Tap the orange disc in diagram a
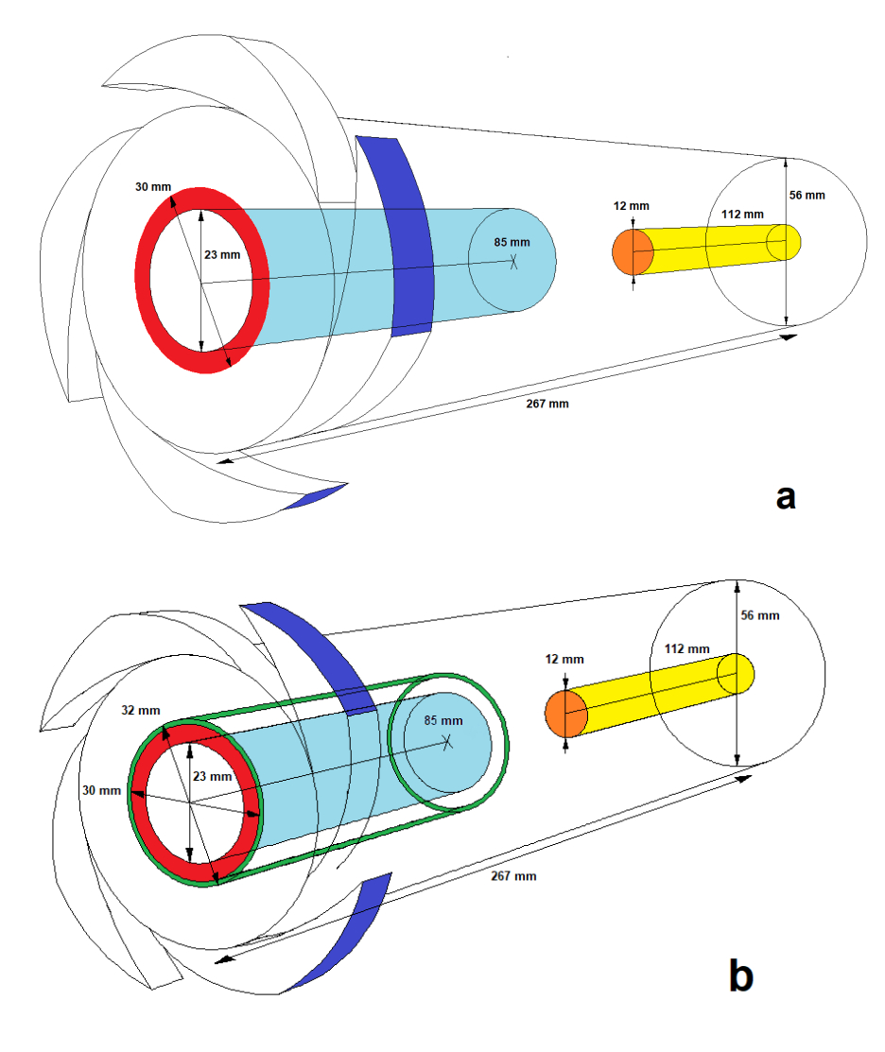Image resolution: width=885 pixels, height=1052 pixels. point(633,252)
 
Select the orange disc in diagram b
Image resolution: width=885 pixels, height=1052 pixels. point(566,713)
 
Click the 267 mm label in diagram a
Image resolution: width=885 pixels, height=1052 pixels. point(547,403)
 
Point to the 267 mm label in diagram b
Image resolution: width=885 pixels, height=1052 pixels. point(514,875)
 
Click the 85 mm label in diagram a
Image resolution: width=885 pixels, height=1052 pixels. point(512,242)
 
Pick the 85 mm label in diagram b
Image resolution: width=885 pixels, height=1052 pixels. point(443,720)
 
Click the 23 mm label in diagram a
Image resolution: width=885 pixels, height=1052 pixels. point(222,253)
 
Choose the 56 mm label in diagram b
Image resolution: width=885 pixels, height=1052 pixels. point(760,615)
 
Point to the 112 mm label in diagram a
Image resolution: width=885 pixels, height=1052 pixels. point(742,214)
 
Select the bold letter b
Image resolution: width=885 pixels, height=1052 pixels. point(741,974)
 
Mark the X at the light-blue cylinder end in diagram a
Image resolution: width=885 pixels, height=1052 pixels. point(513,261)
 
